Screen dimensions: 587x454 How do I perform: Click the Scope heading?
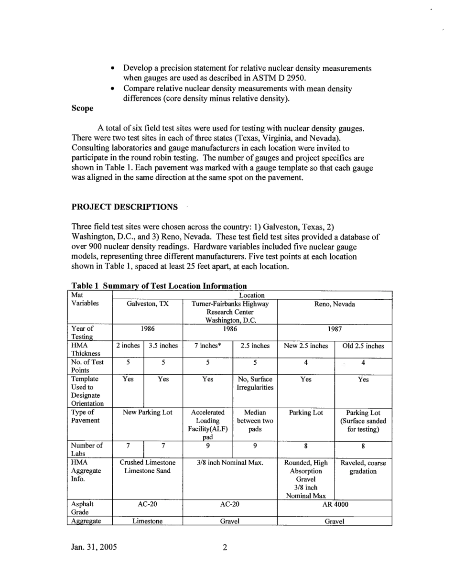[82, 108]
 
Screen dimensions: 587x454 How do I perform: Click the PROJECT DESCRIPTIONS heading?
[124, 207]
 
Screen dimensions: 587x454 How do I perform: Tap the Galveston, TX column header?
[147, 304]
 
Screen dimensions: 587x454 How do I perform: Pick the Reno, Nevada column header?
[334, 304]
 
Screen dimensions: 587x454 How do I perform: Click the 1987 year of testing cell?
[334, 329]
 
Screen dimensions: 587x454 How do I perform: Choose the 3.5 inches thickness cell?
[163, 346]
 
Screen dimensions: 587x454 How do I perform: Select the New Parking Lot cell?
[147, 412]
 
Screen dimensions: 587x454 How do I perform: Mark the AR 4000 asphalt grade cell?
[334, 504]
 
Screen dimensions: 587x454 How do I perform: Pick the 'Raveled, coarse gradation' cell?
[363, 467]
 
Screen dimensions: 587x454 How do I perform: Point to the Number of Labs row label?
[86, 449]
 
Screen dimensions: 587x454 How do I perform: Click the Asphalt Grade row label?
[82, 508]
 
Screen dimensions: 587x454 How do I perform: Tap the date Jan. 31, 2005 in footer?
[94, 547]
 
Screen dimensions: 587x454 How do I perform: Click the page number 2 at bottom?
[225, 548]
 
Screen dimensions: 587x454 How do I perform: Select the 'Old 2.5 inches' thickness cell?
[363, 346]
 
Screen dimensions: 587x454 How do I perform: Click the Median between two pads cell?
[255, 420]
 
